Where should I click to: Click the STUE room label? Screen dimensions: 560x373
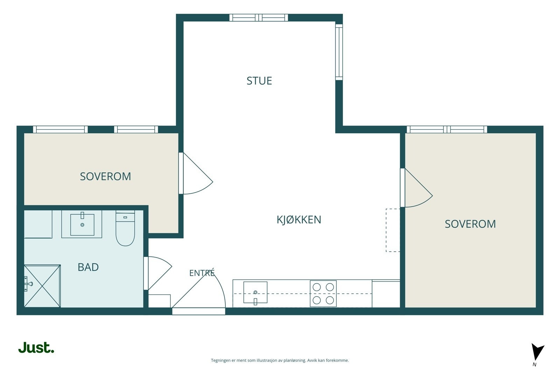(x=259, y=81)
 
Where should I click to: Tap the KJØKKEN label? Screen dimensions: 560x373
(x=299, y=220)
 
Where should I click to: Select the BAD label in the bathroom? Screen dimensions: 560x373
(x=88, y=267)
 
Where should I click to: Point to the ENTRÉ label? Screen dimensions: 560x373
(x=202, y=273)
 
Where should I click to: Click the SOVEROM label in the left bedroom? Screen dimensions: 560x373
(x=105, y=177)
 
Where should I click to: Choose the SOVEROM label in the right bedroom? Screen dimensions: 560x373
(x=470, y=224)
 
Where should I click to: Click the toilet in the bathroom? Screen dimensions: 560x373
(x=125, y=228)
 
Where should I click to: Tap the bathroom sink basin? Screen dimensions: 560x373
(x=82, y=224)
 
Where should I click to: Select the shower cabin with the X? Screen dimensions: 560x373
(x=42, y=286)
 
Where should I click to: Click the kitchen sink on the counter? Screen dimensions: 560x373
(x=255, y=293)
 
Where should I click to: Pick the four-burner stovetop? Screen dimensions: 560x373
(x=323, y=294)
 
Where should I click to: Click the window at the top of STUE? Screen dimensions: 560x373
(x=259, y=18)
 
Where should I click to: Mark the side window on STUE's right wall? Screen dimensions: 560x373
(x=339, y=52)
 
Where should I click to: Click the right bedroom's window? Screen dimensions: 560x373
(x=447, y=129)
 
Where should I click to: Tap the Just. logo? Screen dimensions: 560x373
(x=36, y=347)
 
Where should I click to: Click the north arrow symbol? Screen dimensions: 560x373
(x=537, y=352)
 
